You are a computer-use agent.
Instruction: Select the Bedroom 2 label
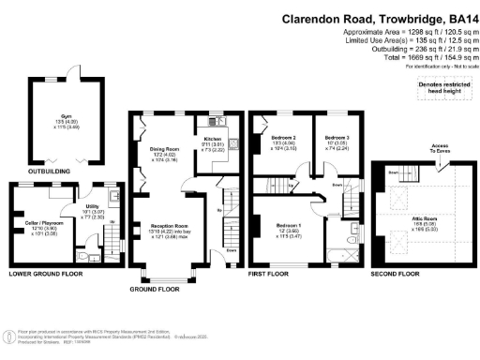[x=284, y=137]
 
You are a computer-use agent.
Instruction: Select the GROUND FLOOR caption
[x=155, y=289]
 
